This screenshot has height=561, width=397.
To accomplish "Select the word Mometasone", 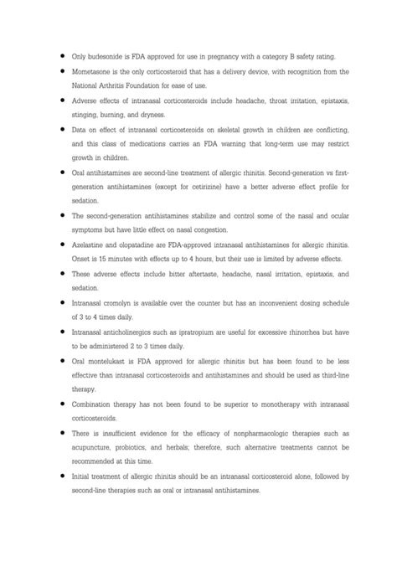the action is (x=96, y=72).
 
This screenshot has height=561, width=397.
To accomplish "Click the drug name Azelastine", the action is (x=91, y=244).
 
